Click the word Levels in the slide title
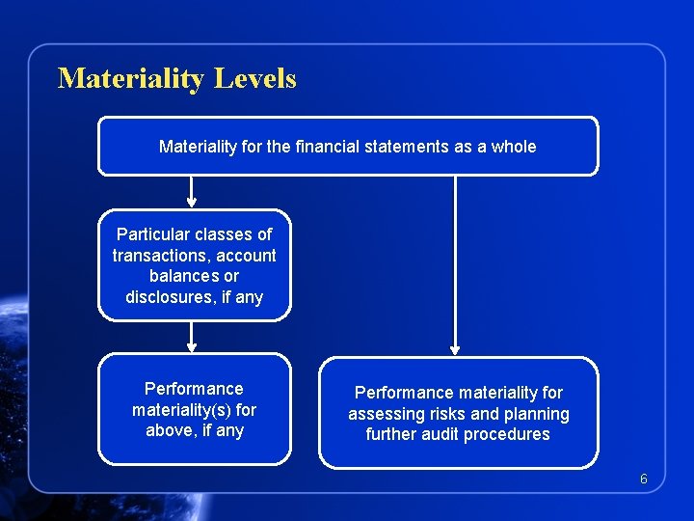(255, 78)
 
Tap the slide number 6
(644, 480)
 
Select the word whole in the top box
(514, 147)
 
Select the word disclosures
(170, 297)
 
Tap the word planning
(535, 414)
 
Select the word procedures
(508, 434)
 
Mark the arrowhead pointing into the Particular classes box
(192, 203)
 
